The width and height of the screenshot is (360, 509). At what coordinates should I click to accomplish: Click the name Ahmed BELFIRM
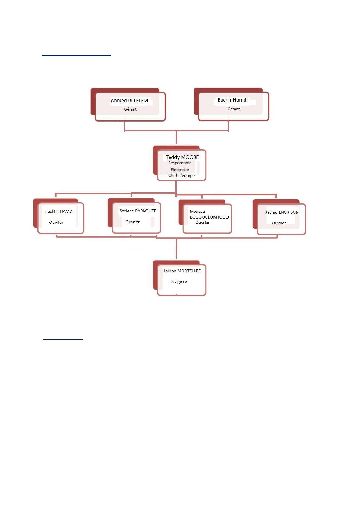point(129,100)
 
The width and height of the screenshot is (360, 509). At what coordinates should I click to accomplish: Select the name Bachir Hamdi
point(232,100)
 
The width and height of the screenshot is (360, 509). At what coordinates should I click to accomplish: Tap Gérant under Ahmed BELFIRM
point(130,109)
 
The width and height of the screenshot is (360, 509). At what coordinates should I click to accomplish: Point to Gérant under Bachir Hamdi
point(234,109)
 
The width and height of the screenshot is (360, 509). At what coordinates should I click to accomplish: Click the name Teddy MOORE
point(182,157)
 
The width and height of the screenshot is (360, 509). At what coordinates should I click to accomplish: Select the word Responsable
point(180,163)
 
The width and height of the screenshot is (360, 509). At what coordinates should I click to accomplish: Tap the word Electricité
point(180,170)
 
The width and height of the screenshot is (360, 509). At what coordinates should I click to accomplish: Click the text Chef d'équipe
point(181,175)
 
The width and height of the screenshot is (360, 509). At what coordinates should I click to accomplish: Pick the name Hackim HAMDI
point(59,211)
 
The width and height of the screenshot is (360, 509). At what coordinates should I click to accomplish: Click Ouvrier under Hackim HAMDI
point(56,222)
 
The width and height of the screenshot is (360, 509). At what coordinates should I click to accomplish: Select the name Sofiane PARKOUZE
point(138,211)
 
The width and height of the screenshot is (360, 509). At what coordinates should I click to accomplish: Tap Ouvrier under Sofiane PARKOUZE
point(132,222)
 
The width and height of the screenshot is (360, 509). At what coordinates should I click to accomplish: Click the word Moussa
point(197,211)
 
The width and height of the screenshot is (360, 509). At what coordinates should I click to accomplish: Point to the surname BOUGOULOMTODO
point(209,217)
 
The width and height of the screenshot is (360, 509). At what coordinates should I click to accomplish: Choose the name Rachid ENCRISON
point(281,212)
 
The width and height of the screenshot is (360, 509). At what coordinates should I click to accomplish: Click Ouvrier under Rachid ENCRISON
point(279,223)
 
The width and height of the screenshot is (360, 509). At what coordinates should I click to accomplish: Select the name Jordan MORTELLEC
point(182,271)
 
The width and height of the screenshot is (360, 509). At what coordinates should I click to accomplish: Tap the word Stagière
point(179,281)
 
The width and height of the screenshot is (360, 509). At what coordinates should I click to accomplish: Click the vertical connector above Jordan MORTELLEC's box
point(176,249)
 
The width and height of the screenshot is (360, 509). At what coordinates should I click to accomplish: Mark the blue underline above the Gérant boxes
point(76,55)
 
